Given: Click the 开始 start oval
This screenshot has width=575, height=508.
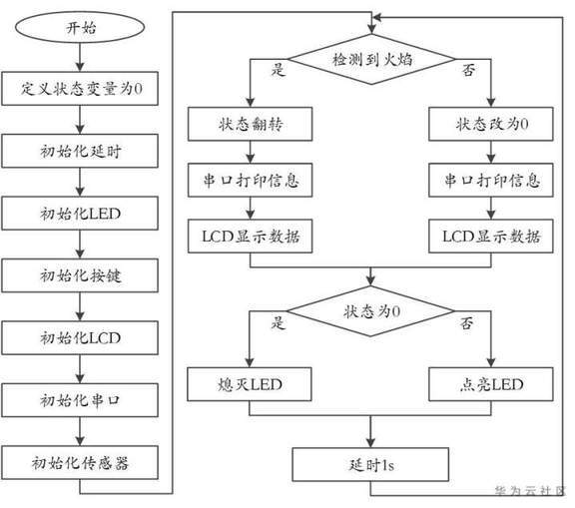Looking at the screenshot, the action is [80, 28].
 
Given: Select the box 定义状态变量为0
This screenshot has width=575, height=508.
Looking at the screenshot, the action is [80, 89].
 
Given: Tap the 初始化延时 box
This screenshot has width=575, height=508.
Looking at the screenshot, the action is [80, 151].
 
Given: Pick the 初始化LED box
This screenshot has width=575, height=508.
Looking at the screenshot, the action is [80, 214].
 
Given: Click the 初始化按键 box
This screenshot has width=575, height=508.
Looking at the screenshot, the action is [80, 275].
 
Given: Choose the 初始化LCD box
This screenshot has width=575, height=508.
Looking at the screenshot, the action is [80, 338].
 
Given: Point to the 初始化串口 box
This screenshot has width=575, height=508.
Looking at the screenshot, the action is [80, 400].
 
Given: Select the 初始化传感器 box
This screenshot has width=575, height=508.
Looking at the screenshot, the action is [80, 462].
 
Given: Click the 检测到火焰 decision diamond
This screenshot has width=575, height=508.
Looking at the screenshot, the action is [371, 59].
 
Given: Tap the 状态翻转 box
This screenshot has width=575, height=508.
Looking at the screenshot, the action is [251, 124].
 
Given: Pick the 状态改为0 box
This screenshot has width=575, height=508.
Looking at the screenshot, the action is [491, 124].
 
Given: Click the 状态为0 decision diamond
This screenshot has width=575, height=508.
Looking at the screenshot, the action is [370, 311].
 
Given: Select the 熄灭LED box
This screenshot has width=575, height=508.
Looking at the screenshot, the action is [250, 384].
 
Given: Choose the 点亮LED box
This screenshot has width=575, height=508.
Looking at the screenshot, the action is [491, 384].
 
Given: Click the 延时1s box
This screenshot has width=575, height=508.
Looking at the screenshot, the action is [370, 464].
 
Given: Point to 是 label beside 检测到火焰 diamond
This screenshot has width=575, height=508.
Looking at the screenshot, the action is [278, 69].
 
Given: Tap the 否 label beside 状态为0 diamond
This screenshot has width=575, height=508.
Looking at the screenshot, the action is [467, 323].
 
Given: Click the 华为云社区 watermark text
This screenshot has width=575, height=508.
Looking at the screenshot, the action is [531, 491].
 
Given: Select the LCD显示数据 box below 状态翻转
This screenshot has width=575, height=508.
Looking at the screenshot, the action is [251, 237].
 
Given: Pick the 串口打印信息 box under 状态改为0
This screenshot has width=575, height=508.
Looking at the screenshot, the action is [491, 180].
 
